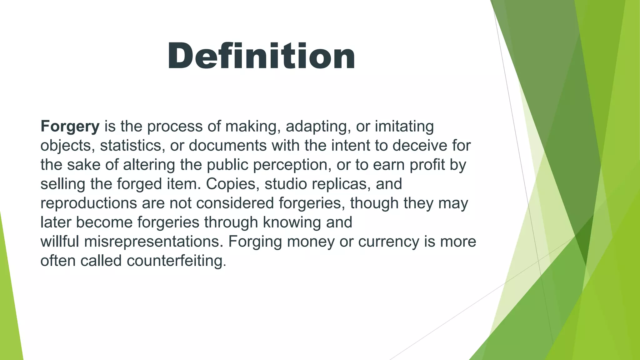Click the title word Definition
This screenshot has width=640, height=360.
(x=261, y=56)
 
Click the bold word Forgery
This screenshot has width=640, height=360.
(x=70, y=127)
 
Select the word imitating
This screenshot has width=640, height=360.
(x=404, y=127)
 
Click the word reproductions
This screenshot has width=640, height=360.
(x=89, y=203)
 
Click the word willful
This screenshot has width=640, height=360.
(x=59, y=242)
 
